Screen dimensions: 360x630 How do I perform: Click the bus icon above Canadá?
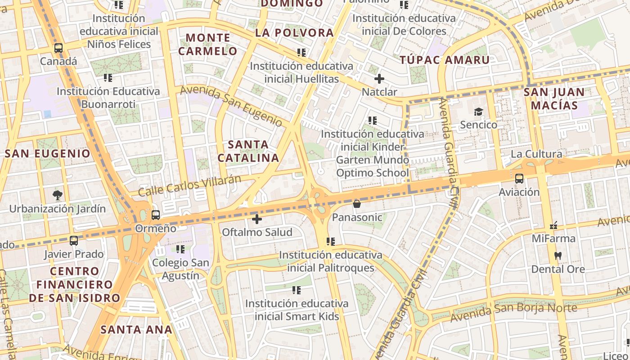pyautogui.click(x=58, y=48)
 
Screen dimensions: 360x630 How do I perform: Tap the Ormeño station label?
pyautogui.click(x=156, y=228)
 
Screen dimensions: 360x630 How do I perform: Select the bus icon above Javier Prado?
pyautogui.click(x=74, y=241)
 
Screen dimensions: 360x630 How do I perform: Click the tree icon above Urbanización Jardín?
pyautogui.click(x=57, y=195)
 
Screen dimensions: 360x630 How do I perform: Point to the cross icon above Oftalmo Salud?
pyautogui.click(x=257, y=219)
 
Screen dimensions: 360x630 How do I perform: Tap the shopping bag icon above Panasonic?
pyautogui.click(x=357, y=204)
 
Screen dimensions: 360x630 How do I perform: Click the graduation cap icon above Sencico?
pyautogui.click(x=478, y=112)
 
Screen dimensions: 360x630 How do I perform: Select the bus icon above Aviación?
pyautogui.click(x=519, y=179)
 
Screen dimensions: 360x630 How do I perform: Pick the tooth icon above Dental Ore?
pyautogui.click(x=558, y=256)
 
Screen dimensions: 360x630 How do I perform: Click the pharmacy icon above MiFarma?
pyautogui.click(x=553, y=225)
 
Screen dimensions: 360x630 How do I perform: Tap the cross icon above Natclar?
pyautogui.click(x=379, y=79)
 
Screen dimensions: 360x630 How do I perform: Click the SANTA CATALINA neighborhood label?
pyautogui.click(x=248, y=151)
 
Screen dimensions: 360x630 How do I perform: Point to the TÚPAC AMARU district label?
pyautogui.click(x=445, y=60)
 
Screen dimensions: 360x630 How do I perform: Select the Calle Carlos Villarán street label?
pyautogui.click(x=189, y=185)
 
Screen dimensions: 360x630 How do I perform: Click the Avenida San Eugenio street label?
pyautogui.click(x=231, y=106)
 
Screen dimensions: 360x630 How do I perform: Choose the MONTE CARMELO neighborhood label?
pyautogui.click(x=207, y=44)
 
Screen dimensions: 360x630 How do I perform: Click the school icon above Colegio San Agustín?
pyautogui.click(x=180, y=249)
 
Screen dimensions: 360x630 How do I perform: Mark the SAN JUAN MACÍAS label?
pyautogui.click(x=554, y=99)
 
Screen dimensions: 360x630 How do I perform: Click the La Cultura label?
pyautogui.click(x=536, y=154)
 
